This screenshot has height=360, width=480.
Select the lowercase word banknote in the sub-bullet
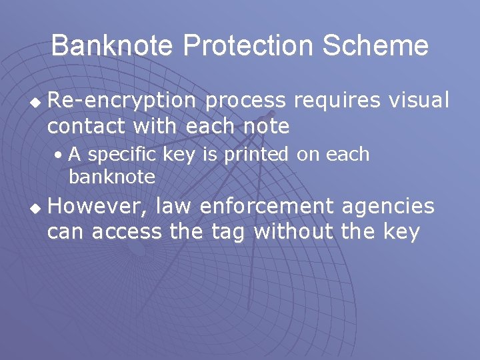(x=111, y=177)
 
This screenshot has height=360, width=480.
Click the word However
(x=95, y=207)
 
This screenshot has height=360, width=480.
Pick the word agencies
(x=388, y=207)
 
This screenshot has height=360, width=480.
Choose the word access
(x=126, y=231)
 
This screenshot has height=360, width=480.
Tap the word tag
(x=230, y=231)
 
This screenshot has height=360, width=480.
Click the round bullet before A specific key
(x=60, y=155)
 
